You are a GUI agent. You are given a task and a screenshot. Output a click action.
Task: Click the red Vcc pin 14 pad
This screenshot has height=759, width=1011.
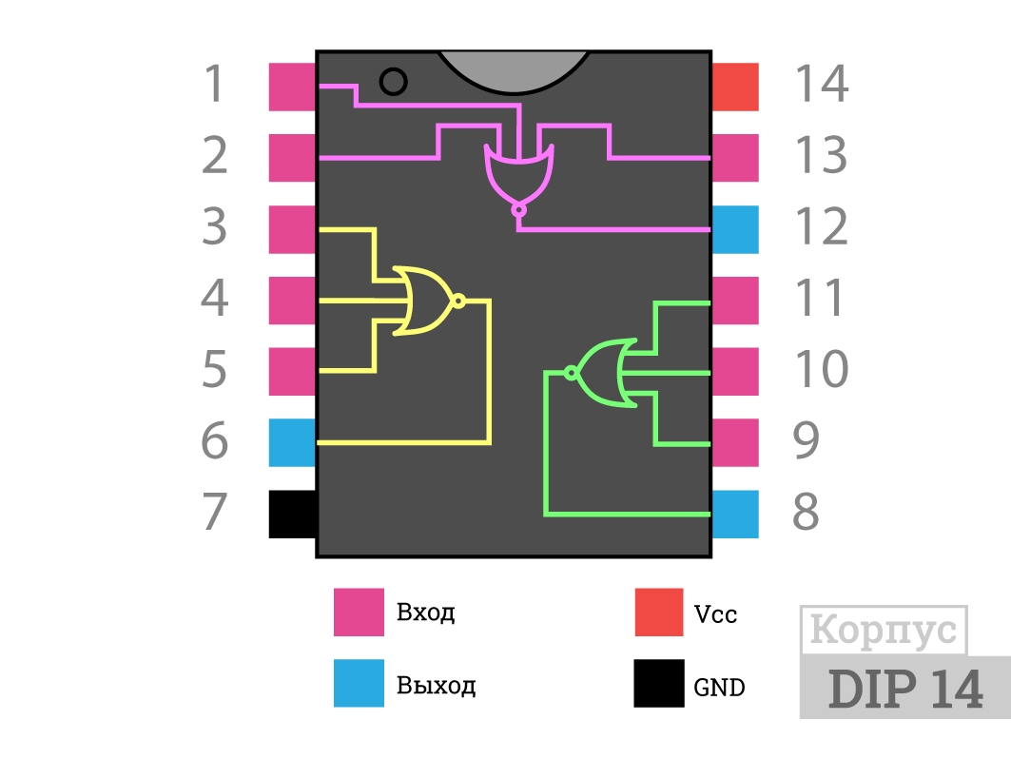(x=735, y=87)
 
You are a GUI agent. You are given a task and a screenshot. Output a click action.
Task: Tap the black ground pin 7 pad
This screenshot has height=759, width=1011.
(x=292, y=514)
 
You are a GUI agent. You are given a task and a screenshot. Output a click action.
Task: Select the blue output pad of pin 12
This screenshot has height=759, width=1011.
(x=735, y=229)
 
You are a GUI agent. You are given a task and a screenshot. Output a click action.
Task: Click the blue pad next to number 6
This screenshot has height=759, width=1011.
(x=292, y=442)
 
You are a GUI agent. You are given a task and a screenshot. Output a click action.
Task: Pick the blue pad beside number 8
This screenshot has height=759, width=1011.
(x=735, y=514)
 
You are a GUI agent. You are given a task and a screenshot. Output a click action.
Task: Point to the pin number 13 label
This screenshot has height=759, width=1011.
(x=821, y=155)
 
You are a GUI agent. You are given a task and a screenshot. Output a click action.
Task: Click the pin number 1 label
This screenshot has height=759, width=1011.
(x=215, y=84)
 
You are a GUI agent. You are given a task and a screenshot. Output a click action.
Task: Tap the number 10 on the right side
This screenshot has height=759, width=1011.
(x=821, y=369)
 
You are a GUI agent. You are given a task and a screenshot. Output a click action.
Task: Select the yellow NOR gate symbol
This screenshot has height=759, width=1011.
(x=429, y=301)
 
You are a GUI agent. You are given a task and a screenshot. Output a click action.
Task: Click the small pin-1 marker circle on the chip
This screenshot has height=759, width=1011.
(x=394, y=82)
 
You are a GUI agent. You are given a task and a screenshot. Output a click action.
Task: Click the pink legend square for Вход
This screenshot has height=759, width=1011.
(x=359, y=612)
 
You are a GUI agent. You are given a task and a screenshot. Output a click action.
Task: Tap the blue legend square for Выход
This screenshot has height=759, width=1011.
(x=359, y=683)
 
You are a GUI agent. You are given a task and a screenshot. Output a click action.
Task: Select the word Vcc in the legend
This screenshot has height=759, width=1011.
(x=715, y=613)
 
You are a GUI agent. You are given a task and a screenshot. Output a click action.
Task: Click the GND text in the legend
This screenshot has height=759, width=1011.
(x=719, y=688)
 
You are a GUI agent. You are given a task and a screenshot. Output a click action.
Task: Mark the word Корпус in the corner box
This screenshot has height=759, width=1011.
(x=884, y=629)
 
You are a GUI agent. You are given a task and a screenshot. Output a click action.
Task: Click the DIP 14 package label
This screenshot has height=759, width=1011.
(x=905, y=689)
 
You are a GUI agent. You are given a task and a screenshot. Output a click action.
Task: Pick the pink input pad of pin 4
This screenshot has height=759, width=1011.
(x=292, y=301)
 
